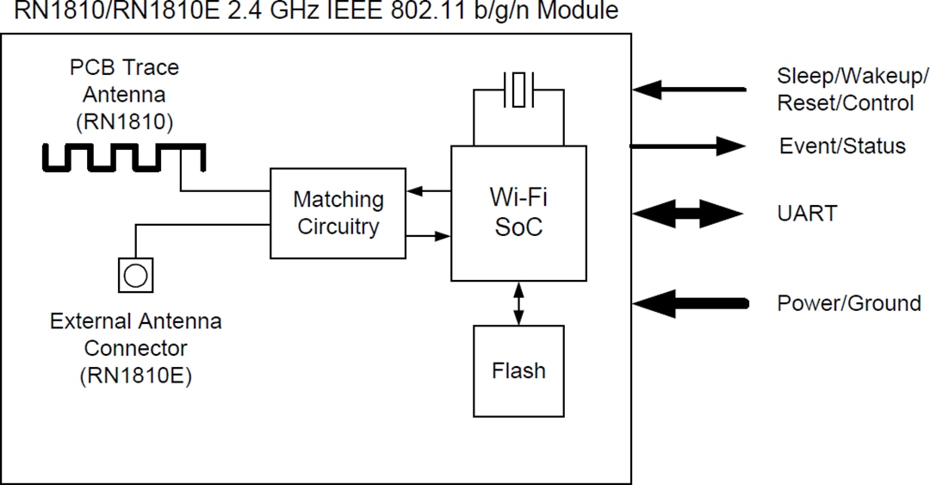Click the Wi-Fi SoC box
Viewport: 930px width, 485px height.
[518, 213]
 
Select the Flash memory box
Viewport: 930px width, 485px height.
[518, 371]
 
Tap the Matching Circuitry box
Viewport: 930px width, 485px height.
[338, 213]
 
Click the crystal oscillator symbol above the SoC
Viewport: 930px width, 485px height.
[518, 90]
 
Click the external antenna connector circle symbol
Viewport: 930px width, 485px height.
[135, 275]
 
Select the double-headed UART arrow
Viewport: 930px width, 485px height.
[688, 214]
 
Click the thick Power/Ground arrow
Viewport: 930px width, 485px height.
[689, 303]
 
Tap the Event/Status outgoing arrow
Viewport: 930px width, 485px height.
[688, 146]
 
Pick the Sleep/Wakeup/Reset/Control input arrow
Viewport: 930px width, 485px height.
[688, 88]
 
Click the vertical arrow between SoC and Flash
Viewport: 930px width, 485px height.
[518, 303]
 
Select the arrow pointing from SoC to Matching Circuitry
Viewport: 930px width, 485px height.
[428, 191]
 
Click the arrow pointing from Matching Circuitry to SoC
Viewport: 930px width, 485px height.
[428, 234]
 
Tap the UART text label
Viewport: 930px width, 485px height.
[807, 214]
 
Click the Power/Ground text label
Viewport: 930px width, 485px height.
[848, 303]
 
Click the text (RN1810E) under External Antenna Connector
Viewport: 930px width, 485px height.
[135, 376]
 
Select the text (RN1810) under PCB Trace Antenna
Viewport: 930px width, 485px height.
[124, 121]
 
